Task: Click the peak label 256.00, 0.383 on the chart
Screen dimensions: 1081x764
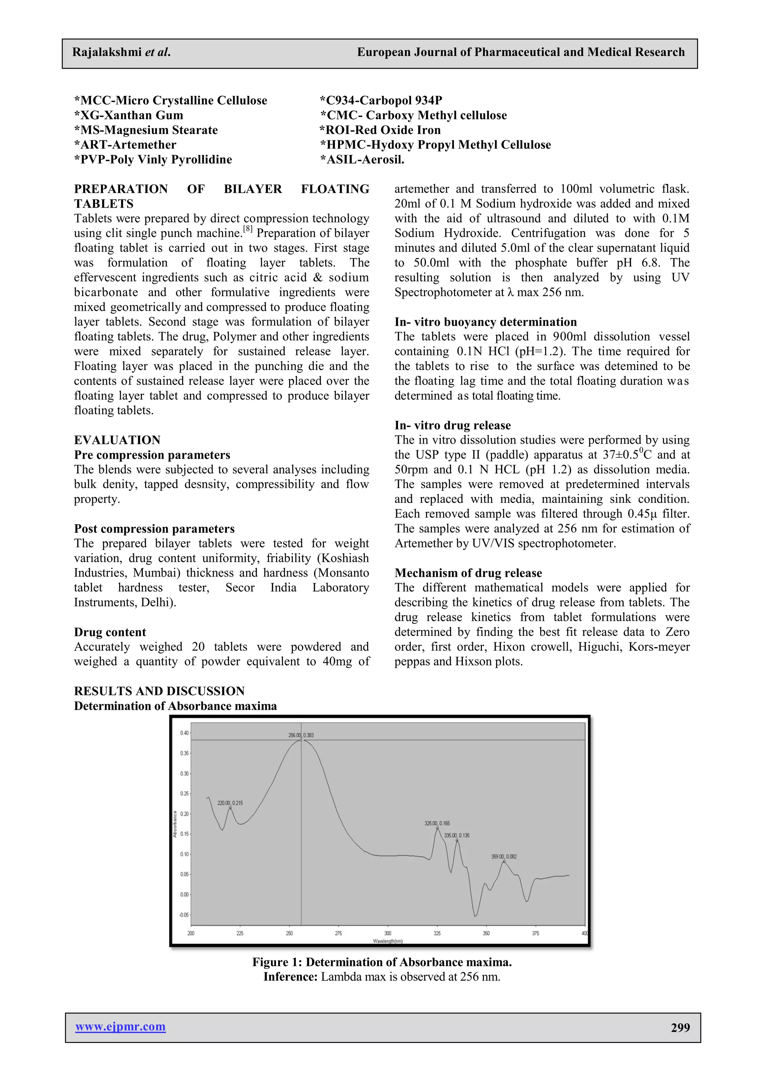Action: (301, 735)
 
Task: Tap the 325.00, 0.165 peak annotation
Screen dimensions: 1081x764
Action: (437, 823)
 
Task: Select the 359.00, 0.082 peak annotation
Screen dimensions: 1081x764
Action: (504, 857)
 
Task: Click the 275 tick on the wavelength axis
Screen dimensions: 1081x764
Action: (338, 933)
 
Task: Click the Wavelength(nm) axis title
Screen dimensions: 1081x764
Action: (388, 941)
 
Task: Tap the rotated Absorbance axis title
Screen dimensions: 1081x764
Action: (175, 824)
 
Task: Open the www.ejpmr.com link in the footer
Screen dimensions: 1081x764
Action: (120, 1027)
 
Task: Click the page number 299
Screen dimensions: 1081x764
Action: (680, 1028)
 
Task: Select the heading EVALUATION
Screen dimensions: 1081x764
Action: (117, 440)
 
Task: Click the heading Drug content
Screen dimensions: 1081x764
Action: (110, 632)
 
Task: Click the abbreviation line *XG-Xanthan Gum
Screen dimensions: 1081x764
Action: (128, 115)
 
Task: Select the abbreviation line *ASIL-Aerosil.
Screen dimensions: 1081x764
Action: (362, 159)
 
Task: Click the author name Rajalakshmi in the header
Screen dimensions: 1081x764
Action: (107, 52)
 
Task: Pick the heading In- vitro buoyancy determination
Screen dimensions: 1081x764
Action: (485, 321)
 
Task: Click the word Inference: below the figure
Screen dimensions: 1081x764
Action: (290, 976)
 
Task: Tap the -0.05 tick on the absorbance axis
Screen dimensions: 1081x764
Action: (184, 915)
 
